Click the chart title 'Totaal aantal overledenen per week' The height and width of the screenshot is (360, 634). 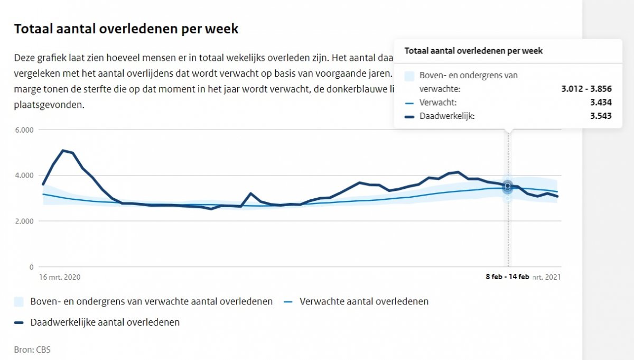click(126, 29)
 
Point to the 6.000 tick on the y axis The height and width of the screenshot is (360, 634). click(24, 130)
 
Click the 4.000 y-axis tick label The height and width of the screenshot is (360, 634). click(24, 176)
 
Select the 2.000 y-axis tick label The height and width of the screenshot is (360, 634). click(24, 221)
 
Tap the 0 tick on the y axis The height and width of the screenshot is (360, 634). click(31, 267)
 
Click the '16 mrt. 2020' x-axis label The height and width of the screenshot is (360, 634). click(60, 277)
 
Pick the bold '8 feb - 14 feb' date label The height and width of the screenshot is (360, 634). click(507, 277)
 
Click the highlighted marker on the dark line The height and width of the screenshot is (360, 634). click(508, 186)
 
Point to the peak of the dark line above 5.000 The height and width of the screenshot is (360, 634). click(63, 151)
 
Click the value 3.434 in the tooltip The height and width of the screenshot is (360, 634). click(601, 103)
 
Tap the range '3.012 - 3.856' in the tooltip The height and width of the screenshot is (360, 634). click(586, 89)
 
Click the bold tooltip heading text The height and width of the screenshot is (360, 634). click(473, 51)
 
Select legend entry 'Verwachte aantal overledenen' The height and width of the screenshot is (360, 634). click(363, 302)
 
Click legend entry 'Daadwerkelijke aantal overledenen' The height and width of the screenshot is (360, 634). click(105, 322)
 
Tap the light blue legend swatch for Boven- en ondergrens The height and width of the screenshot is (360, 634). click(20, 302)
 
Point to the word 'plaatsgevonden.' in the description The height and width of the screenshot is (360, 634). click(49, 105)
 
